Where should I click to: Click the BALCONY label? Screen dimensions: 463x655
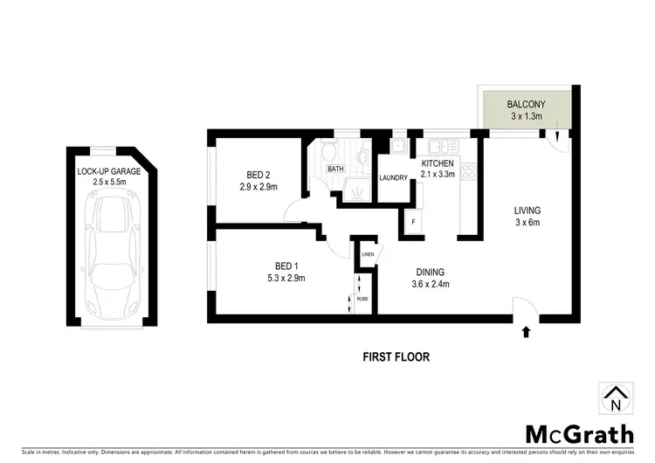(525, 104)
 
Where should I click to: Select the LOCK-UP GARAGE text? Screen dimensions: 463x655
(109, 171)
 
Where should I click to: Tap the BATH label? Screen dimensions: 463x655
(334, 169)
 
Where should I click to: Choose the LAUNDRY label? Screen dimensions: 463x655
(394, 178)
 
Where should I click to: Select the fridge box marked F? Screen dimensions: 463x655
(413, 222)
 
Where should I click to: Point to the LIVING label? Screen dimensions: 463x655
(527, 211)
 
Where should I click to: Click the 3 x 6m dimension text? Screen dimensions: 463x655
(527, 223)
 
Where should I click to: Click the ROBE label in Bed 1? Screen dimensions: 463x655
(361, 298)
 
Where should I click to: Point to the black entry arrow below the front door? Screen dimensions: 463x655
(526, 331)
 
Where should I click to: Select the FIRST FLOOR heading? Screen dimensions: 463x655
(396, 356)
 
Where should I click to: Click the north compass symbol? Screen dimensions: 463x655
(616, 399)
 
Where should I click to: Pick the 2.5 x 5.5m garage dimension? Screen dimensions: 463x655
(109, 183)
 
